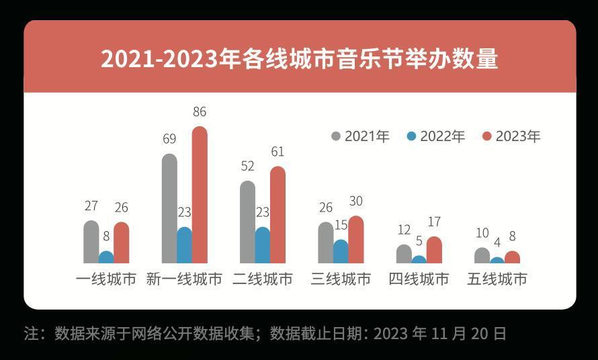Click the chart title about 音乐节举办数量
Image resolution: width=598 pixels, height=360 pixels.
300,58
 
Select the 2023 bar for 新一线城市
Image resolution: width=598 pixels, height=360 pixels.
200,195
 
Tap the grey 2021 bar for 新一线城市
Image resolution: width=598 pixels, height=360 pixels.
169,208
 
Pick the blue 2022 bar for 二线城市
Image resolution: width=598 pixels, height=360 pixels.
263,245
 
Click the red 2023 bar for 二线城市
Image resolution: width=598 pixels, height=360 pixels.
277,214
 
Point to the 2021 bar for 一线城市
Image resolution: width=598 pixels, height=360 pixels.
91,241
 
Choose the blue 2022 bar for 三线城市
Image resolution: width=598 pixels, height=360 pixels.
341,251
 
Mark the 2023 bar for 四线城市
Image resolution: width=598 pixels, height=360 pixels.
434,249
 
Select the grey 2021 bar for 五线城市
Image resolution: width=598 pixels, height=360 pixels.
482,255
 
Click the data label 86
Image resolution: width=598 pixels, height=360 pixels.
200,111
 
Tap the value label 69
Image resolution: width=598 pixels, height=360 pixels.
169,139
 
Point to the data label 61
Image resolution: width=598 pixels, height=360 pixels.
277,152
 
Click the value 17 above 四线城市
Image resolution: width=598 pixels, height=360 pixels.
434,222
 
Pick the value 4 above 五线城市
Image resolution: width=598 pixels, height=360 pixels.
497,242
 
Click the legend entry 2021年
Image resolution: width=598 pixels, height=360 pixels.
360,136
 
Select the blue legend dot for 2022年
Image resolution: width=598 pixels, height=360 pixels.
411,136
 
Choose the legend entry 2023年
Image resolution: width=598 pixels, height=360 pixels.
511,136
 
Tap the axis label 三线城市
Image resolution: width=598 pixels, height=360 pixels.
341,279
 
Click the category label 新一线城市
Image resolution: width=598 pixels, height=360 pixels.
184,279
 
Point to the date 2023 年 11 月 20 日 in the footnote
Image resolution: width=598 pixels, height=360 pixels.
439,334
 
